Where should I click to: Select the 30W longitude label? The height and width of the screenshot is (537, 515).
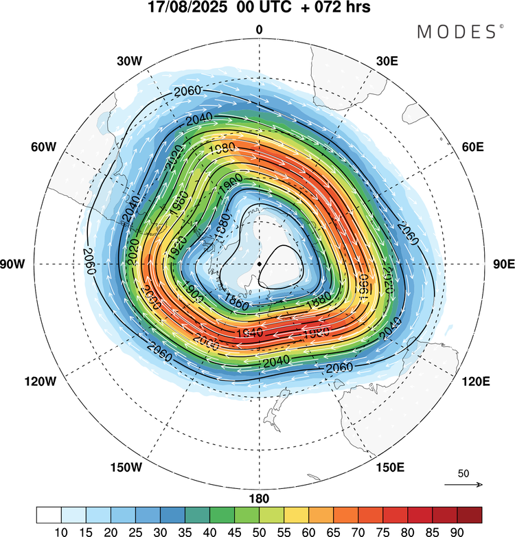(129, 60)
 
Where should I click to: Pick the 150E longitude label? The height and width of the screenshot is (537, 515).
(389, 468)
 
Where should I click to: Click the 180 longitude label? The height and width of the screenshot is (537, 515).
(259, 499)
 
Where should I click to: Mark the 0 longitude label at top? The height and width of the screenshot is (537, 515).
(259, 30)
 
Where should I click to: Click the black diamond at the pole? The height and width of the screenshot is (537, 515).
(259, 264)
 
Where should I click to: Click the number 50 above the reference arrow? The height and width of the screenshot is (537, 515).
(463, 474)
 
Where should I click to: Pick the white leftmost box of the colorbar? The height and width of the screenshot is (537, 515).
(49, 514)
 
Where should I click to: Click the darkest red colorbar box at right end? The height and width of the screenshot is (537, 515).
(469, 514)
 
